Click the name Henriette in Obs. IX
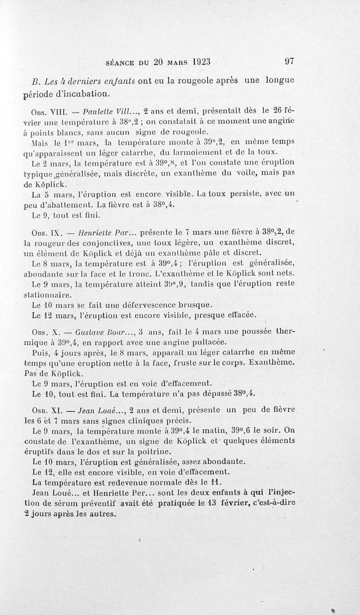[95, 234]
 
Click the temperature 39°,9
[173, 285]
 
